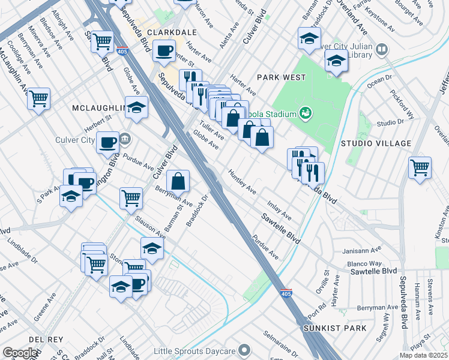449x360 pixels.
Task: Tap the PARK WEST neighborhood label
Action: [281, 77]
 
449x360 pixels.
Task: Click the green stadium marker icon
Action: [306, 112]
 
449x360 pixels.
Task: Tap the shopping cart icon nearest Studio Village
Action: [420, 167]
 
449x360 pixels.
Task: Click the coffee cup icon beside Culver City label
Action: [107, 143]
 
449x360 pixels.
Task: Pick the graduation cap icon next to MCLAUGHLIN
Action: [137, 107]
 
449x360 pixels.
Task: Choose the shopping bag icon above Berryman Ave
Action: [178, 181]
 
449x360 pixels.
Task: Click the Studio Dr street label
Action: [390, 123]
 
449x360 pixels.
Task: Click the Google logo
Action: [20, 353]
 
